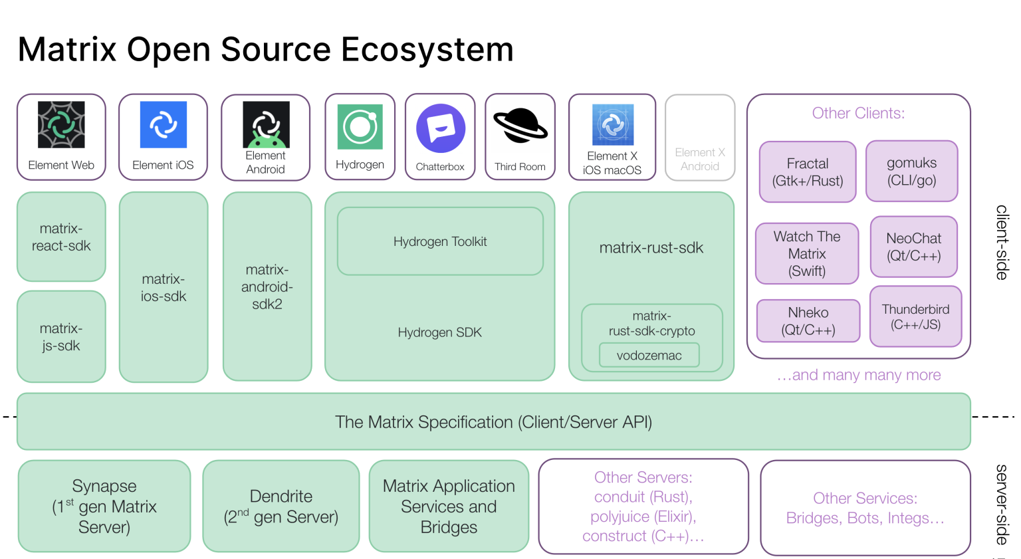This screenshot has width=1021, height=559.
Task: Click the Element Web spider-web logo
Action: pyautogui.click(x=61, y=124)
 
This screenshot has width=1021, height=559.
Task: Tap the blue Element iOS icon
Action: pyautogui.click(x=163, y=124)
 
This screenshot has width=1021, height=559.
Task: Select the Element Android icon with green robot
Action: pyautogui.click(x=266, y=124)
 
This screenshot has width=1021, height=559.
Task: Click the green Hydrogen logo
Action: pyautogui.click(x=360, y=126)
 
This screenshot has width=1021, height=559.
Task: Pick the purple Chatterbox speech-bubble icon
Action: pyautogui.click(x=440, y=128)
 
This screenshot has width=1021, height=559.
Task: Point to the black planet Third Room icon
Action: pyautogui.click(x=520, y=126)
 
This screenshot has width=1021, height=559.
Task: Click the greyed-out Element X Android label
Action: pyautogui.click(x=700, y=160)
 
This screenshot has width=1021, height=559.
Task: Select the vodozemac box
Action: pyautogui.click(x=649, y=356)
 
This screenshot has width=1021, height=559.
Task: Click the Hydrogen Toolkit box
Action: pyautogui.click(x=440, y=241)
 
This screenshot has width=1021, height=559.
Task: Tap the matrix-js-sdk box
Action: pyautogui.click(x=61, y=337)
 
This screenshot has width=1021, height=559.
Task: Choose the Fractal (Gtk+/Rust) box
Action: pyautogui.click(x=808, y=172)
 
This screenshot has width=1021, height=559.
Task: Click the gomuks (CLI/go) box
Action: pyautogui.click(x=911, y=171)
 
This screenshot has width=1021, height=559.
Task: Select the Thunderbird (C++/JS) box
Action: pyautogui.click(x=915, y=316)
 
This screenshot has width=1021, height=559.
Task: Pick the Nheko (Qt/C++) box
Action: pyautogui.click(x=808, y=321)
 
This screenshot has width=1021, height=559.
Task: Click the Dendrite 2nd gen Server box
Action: pyautogui.click(x=281, y=506)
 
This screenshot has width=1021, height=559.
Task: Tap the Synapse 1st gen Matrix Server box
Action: pyautogui.click(x=104, y=506)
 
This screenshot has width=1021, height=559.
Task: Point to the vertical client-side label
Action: pyautogui.click(x=1002, y=242)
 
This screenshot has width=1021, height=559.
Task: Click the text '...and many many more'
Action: pyautogui.click(x=859, y=375)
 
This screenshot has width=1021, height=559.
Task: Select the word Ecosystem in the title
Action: pyautogui.click(x=427, y=49)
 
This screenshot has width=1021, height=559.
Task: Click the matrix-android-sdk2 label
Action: pyautogui.click(x=267, y=287)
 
